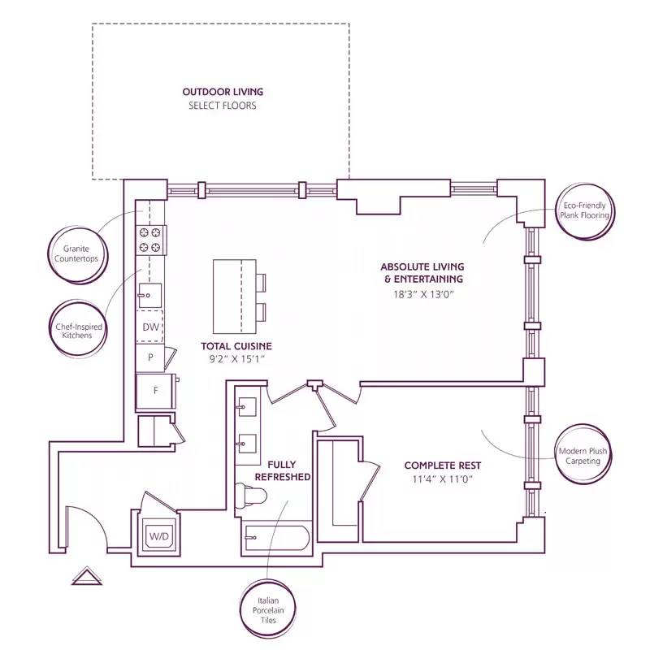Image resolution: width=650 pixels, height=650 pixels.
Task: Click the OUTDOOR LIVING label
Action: pos(223,92)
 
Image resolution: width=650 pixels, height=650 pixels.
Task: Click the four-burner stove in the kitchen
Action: pos(150,240)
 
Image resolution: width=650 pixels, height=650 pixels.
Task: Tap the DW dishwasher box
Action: pos(150,327)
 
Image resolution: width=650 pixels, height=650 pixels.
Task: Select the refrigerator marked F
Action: pos(156,390)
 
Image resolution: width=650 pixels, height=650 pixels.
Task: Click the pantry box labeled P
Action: pos(150,357)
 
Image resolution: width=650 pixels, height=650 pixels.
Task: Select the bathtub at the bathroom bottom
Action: pos(276,538)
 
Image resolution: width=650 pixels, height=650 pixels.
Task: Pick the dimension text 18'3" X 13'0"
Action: pos(422,294)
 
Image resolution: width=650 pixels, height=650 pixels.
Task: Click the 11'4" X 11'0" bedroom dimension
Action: pos(443,479)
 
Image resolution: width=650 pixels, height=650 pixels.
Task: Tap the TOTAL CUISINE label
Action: pos(236,346)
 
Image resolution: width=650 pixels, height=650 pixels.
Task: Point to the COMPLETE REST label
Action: pos(443,466)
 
